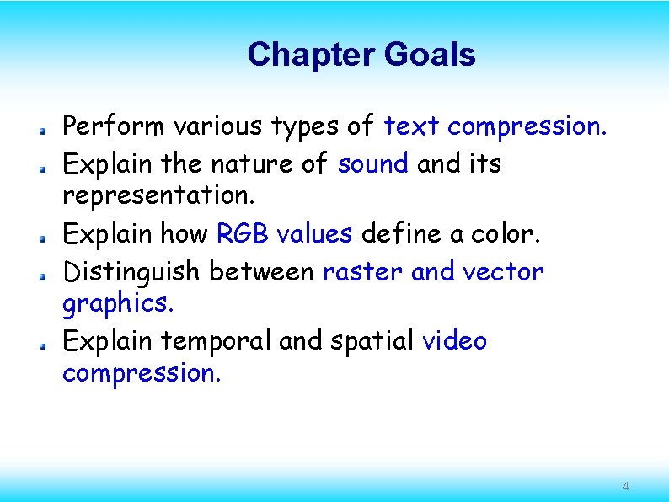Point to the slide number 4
tap(625, 487)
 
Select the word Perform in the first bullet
tap(115, 126)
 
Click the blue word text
tap(412, 126)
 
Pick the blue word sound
tap(373, 163)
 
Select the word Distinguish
tap(132, 271)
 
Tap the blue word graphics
tap(117, 303)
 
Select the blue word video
tap(454, 341)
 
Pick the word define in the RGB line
tap(400, 233)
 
